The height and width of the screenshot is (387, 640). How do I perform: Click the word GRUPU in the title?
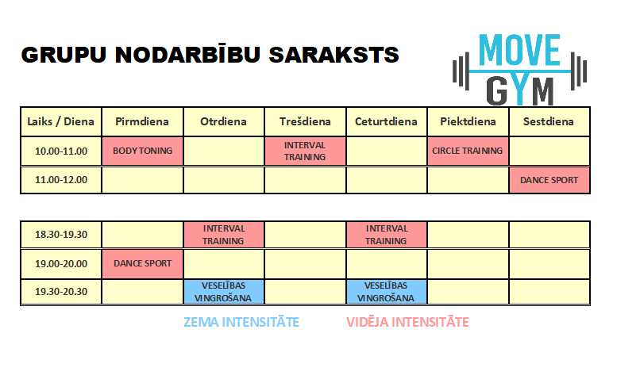64,55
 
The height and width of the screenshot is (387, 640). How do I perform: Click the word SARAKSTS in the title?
333,55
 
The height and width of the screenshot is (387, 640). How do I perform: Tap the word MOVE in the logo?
519,50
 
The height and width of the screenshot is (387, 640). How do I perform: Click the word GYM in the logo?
519,90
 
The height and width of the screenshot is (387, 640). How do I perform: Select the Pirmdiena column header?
142,121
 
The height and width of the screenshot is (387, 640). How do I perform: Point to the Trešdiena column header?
305,121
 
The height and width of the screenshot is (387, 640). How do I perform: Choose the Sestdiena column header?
549,121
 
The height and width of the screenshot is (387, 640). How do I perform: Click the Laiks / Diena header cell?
61,121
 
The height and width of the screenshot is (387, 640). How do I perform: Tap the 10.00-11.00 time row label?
61,151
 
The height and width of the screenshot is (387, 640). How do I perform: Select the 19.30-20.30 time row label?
61,292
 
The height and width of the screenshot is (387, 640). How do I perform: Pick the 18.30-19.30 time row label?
61,235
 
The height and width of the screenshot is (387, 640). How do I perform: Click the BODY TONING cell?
142,151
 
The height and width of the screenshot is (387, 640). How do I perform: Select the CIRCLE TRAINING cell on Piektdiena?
468,151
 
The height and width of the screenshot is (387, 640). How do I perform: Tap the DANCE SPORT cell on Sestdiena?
549,180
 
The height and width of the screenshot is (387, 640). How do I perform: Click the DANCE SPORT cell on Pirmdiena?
142,263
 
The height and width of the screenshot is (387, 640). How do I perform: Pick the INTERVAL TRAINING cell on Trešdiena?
305,151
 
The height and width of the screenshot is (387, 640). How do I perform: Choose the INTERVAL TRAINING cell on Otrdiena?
224,235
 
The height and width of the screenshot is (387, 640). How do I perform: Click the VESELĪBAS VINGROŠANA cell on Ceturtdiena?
386,292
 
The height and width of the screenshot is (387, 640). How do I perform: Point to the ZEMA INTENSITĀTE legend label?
241,322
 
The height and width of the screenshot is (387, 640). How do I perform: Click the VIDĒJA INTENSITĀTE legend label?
407,322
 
